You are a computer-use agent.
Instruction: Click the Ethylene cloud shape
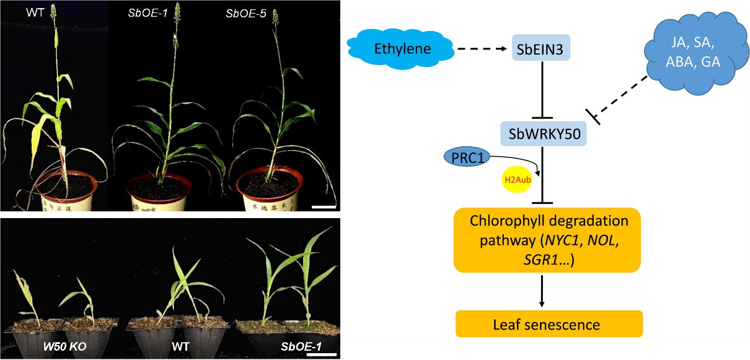(x=403, y=48)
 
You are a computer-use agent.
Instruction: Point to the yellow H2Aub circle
(x=517, y=180)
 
